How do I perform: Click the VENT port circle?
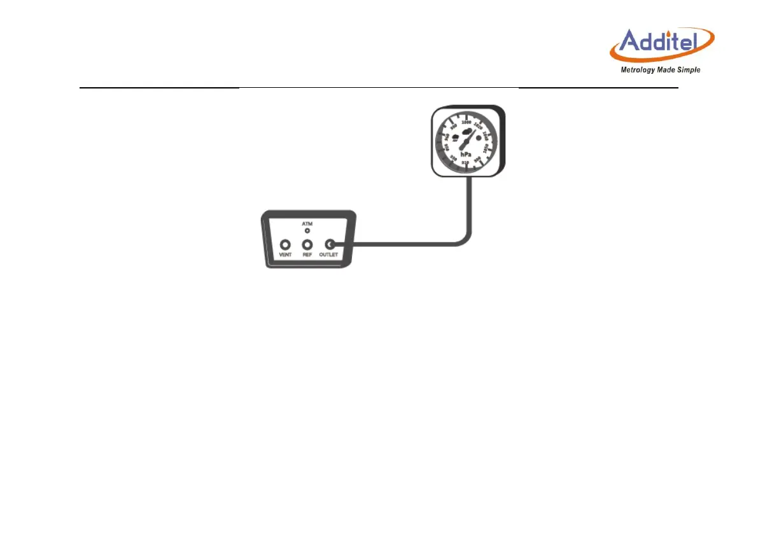285,244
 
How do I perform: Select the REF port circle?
307,244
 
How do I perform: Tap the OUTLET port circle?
330,244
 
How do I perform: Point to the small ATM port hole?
307,230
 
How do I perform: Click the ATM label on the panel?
307,224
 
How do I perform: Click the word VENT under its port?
285,255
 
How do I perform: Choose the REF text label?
307,255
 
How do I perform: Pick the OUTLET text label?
330,255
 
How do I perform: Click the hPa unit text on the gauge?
466,155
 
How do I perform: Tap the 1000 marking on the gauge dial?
467,122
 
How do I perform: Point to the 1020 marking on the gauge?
479,125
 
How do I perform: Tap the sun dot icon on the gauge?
479,137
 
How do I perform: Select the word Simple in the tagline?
689,70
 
